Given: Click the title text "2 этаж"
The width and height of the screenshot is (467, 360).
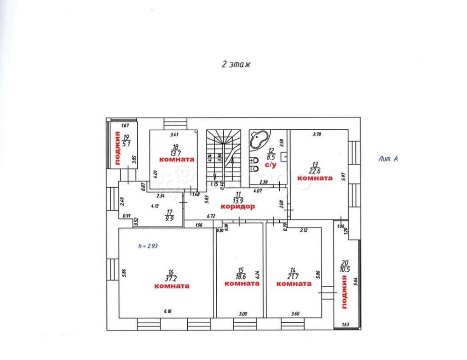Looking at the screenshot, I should coord(236,65).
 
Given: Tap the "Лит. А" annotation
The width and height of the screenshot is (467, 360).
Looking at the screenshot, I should coord(388,159).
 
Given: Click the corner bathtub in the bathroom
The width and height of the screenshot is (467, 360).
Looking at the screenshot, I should coord(259,140).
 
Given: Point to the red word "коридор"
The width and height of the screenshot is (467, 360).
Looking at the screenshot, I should coord(238,206).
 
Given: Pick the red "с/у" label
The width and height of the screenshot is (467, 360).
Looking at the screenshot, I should coord(271,165).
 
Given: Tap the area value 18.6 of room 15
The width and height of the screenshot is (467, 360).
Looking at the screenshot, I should coord(241,277).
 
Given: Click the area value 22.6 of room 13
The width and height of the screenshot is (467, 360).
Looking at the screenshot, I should coord(315,170).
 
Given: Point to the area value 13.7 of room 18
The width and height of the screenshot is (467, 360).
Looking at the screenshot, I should coord(175,153).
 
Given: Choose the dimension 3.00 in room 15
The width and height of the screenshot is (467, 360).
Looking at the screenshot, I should coord(243,314).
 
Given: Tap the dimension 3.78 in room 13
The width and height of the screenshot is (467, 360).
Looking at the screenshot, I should coord(318,135).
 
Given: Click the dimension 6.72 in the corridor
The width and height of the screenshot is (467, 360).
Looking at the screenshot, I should coord(211,216).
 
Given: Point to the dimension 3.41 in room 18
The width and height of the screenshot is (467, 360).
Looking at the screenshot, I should coord(175,135).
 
